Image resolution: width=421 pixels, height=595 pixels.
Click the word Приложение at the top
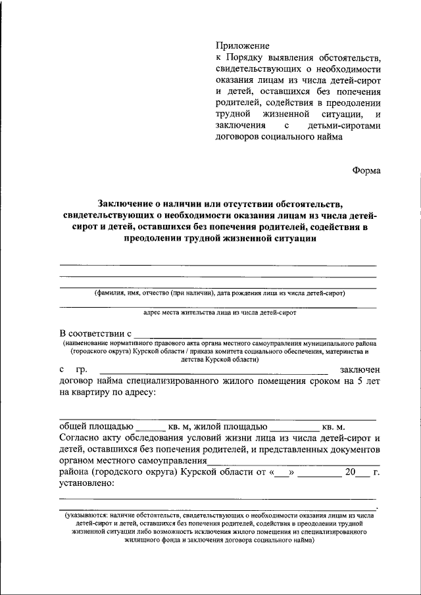pos(243,45)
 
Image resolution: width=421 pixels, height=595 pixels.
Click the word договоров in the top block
pos(237,137)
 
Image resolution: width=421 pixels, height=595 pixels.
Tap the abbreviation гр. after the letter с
pos(82,370)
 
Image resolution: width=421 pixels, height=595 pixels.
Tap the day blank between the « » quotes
pos(280,472)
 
